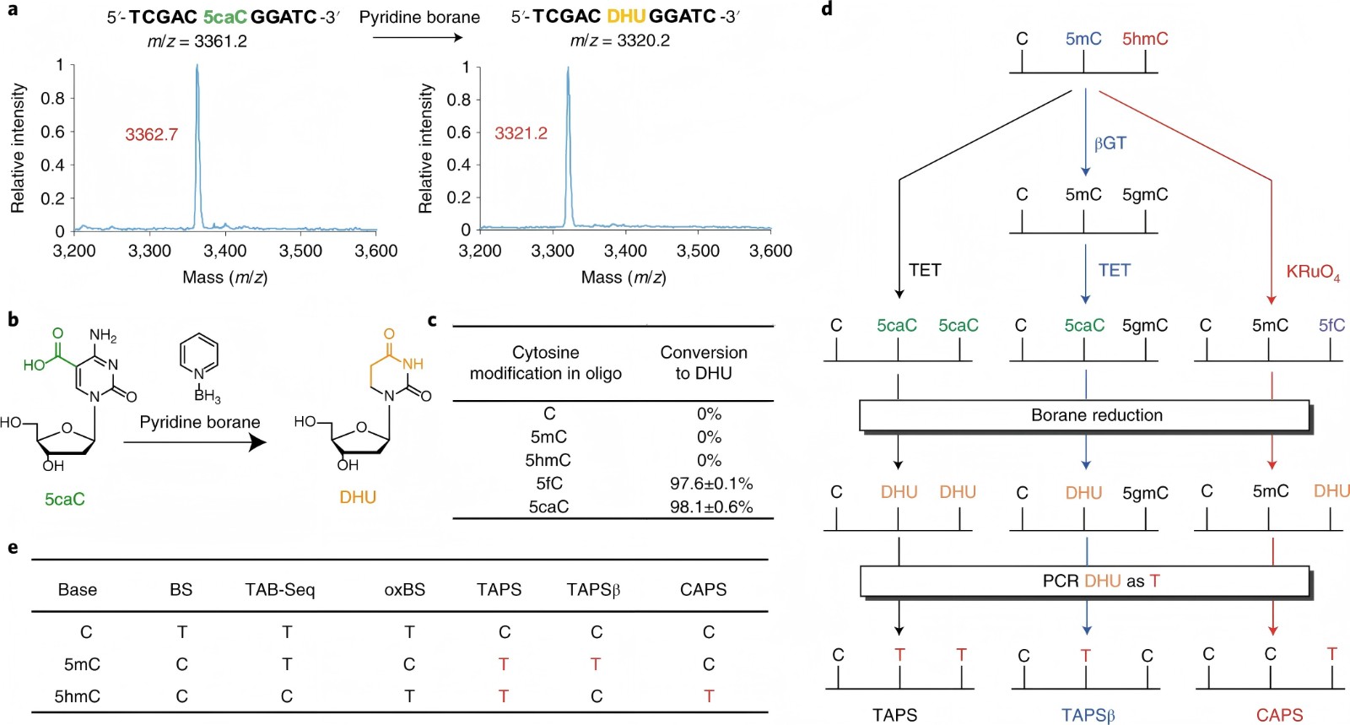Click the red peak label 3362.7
pos(151,134)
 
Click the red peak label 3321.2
pos(521,133)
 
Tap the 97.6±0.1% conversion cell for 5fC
pos(710,484)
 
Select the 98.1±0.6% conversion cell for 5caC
pos(710,507)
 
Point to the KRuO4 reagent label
pos(1312,272)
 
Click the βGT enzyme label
pos(1110,143)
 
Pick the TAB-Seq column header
pos(279,590)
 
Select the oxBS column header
pos(404,590)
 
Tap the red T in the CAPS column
pos(709,696)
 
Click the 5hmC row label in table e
pos(78,696)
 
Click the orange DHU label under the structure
pos(358,497)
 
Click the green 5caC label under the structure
pos(65,499)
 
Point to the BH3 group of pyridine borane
pos(207,395)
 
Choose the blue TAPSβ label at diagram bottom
pos(1088,716)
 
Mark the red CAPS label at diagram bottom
pos(1279,716)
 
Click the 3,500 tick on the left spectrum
pos(300,252)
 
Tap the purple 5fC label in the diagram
pos(1331,326)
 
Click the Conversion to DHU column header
pos(703,363)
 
